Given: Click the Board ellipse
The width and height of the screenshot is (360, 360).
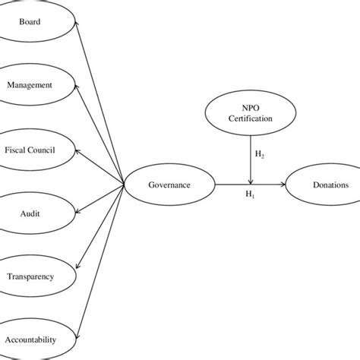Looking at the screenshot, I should (30, 22).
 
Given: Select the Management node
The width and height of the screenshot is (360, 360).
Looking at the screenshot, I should (30, 85).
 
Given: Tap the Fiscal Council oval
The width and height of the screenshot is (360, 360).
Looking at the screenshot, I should (30, 150).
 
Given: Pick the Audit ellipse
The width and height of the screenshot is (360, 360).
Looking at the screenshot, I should (30, 213).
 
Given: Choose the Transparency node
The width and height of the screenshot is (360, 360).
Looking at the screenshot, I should (30, 276).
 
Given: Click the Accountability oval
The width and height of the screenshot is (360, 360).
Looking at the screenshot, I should (30, 339).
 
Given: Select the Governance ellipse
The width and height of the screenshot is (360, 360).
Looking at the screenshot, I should (170, 185).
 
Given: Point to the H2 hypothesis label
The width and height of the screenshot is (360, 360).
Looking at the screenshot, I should (259, 156).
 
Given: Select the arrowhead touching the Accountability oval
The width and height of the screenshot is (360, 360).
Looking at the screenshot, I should (77, 334).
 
